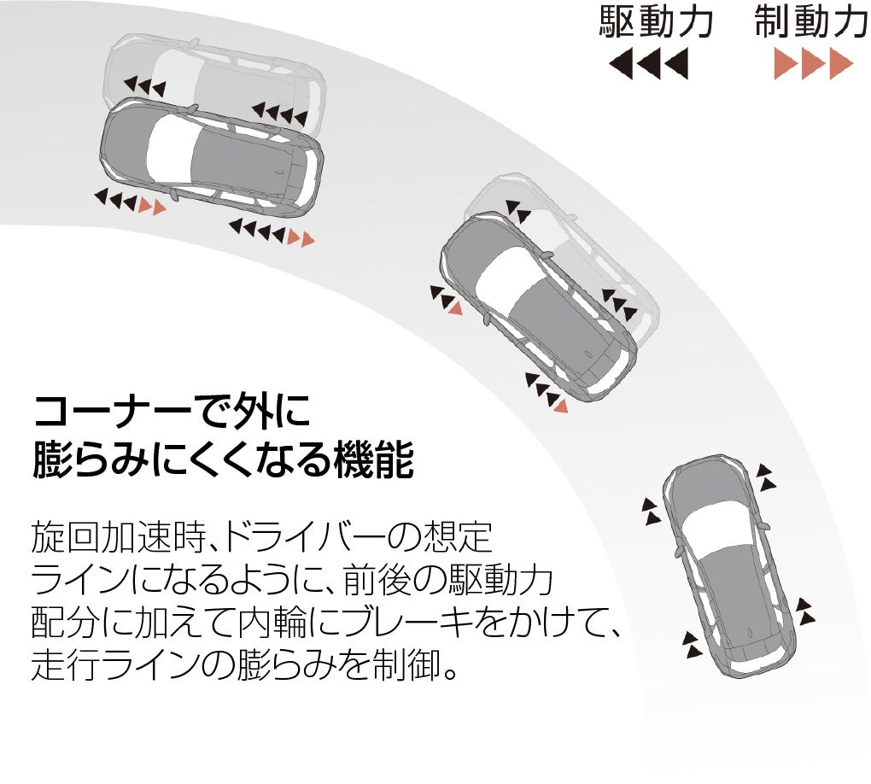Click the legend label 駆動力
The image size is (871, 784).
[655, 23]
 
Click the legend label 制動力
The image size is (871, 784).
[810, 23]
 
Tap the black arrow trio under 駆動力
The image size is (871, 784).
[648, 65]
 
